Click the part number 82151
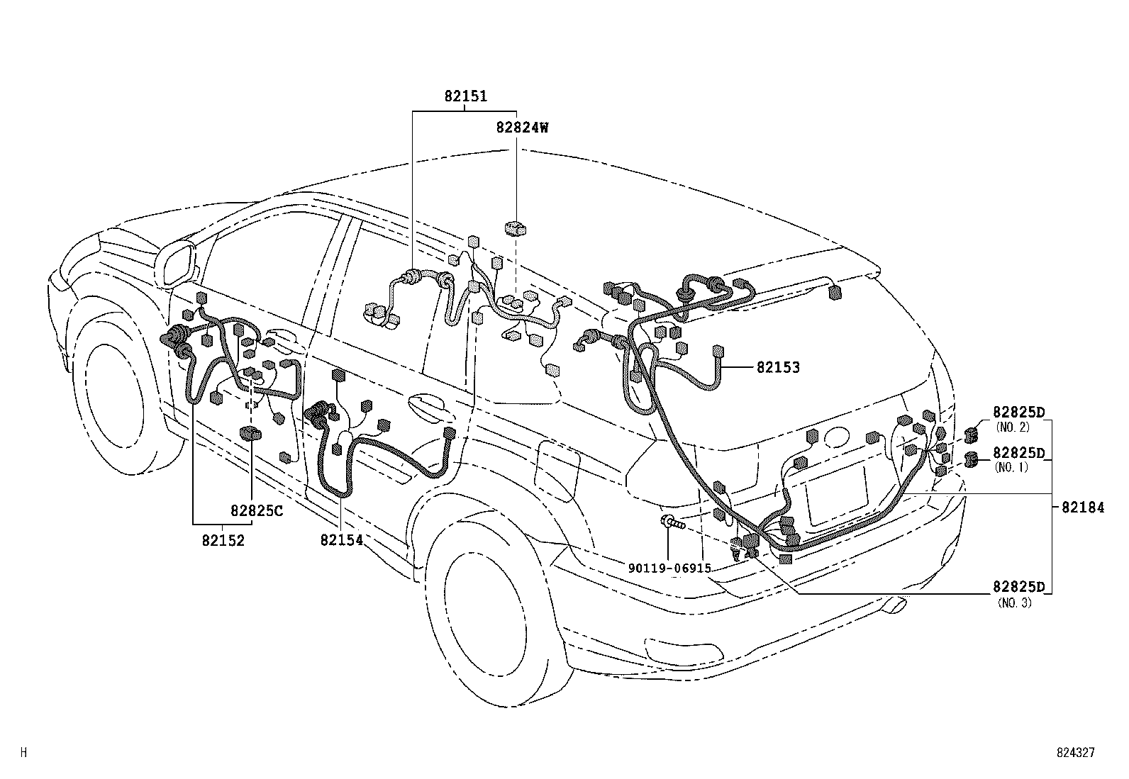pos(466,96)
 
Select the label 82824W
pos(522,128)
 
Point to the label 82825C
pos(256,510)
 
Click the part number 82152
pos(223,540)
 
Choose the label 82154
pos(341,540)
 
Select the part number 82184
pos(1082,508)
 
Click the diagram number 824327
pos(1075,753)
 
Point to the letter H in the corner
pos(23,753)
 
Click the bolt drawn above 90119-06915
pos(672,524)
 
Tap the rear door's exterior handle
pos(426,405)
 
